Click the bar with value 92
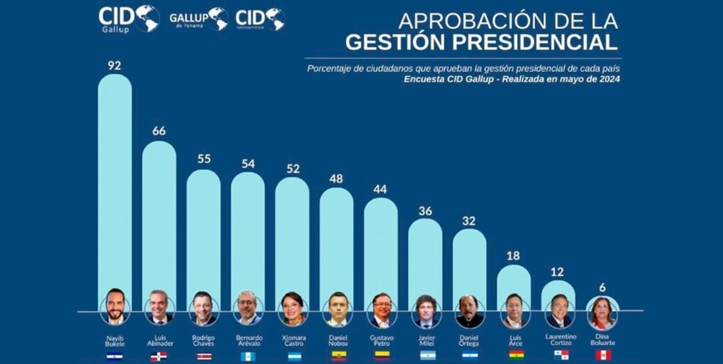coord(115,183)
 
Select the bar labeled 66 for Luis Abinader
coord(159,217)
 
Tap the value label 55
coord(204,158)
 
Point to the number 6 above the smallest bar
coord(603,287)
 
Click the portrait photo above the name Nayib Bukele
coord(115,308)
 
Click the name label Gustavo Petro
coord(382,341)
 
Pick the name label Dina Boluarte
coord(603,340)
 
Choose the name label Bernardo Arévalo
coord(248,341)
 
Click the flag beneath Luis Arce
coord(516,355)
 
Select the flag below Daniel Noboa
coord(338,356)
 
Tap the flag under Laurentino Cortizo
coord(561,355)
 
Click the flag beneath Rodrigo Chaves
coord(204,356)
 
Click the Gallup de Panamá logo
coord(199,19)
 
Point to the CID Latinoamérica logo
coord(260,19)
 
